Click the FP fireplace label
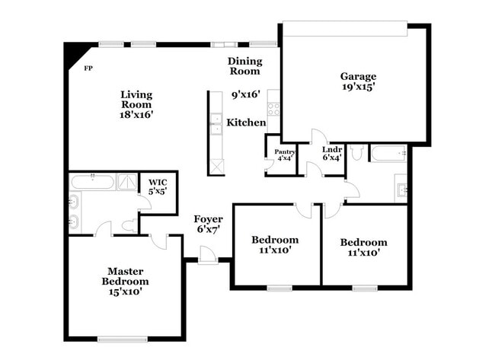(x=88, y=68)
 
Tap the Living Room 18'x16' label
(x=137, y=104)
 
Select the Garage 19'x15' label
(x=357, y=81)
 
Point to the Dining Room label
(x=244, y=66)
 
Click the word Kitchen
(x=246, y=123)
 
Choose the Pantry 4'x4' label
(x=284, y=155)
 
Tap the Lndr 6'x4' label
(x=332, y=154)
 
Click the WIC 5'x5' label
(x=158, y=186)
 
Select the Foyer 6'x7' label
(x=208, y=224)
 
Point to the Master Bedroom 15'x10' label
(x=125, y=280)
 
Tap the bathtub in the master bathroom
(x=92, y=183)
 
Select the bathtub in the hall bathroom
(x=390, y=153)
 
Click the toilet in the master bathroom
(x=129, y=225)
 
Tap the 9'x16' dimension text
(x=246, y=95)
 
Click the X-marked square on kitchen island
(x=216, y=167)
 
